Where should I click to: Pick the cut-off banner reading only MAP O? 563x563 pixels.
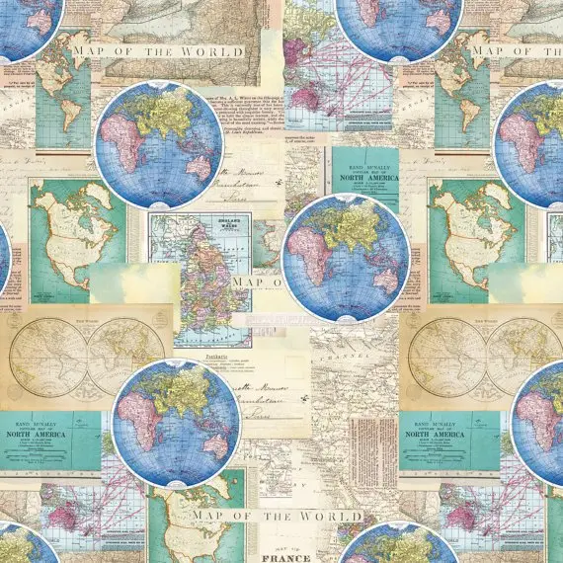pyautogui.click(x=259, y=281)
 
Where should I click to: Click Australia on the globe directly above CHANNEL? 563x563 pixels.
pyautogui.click(x=376, y=279)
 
